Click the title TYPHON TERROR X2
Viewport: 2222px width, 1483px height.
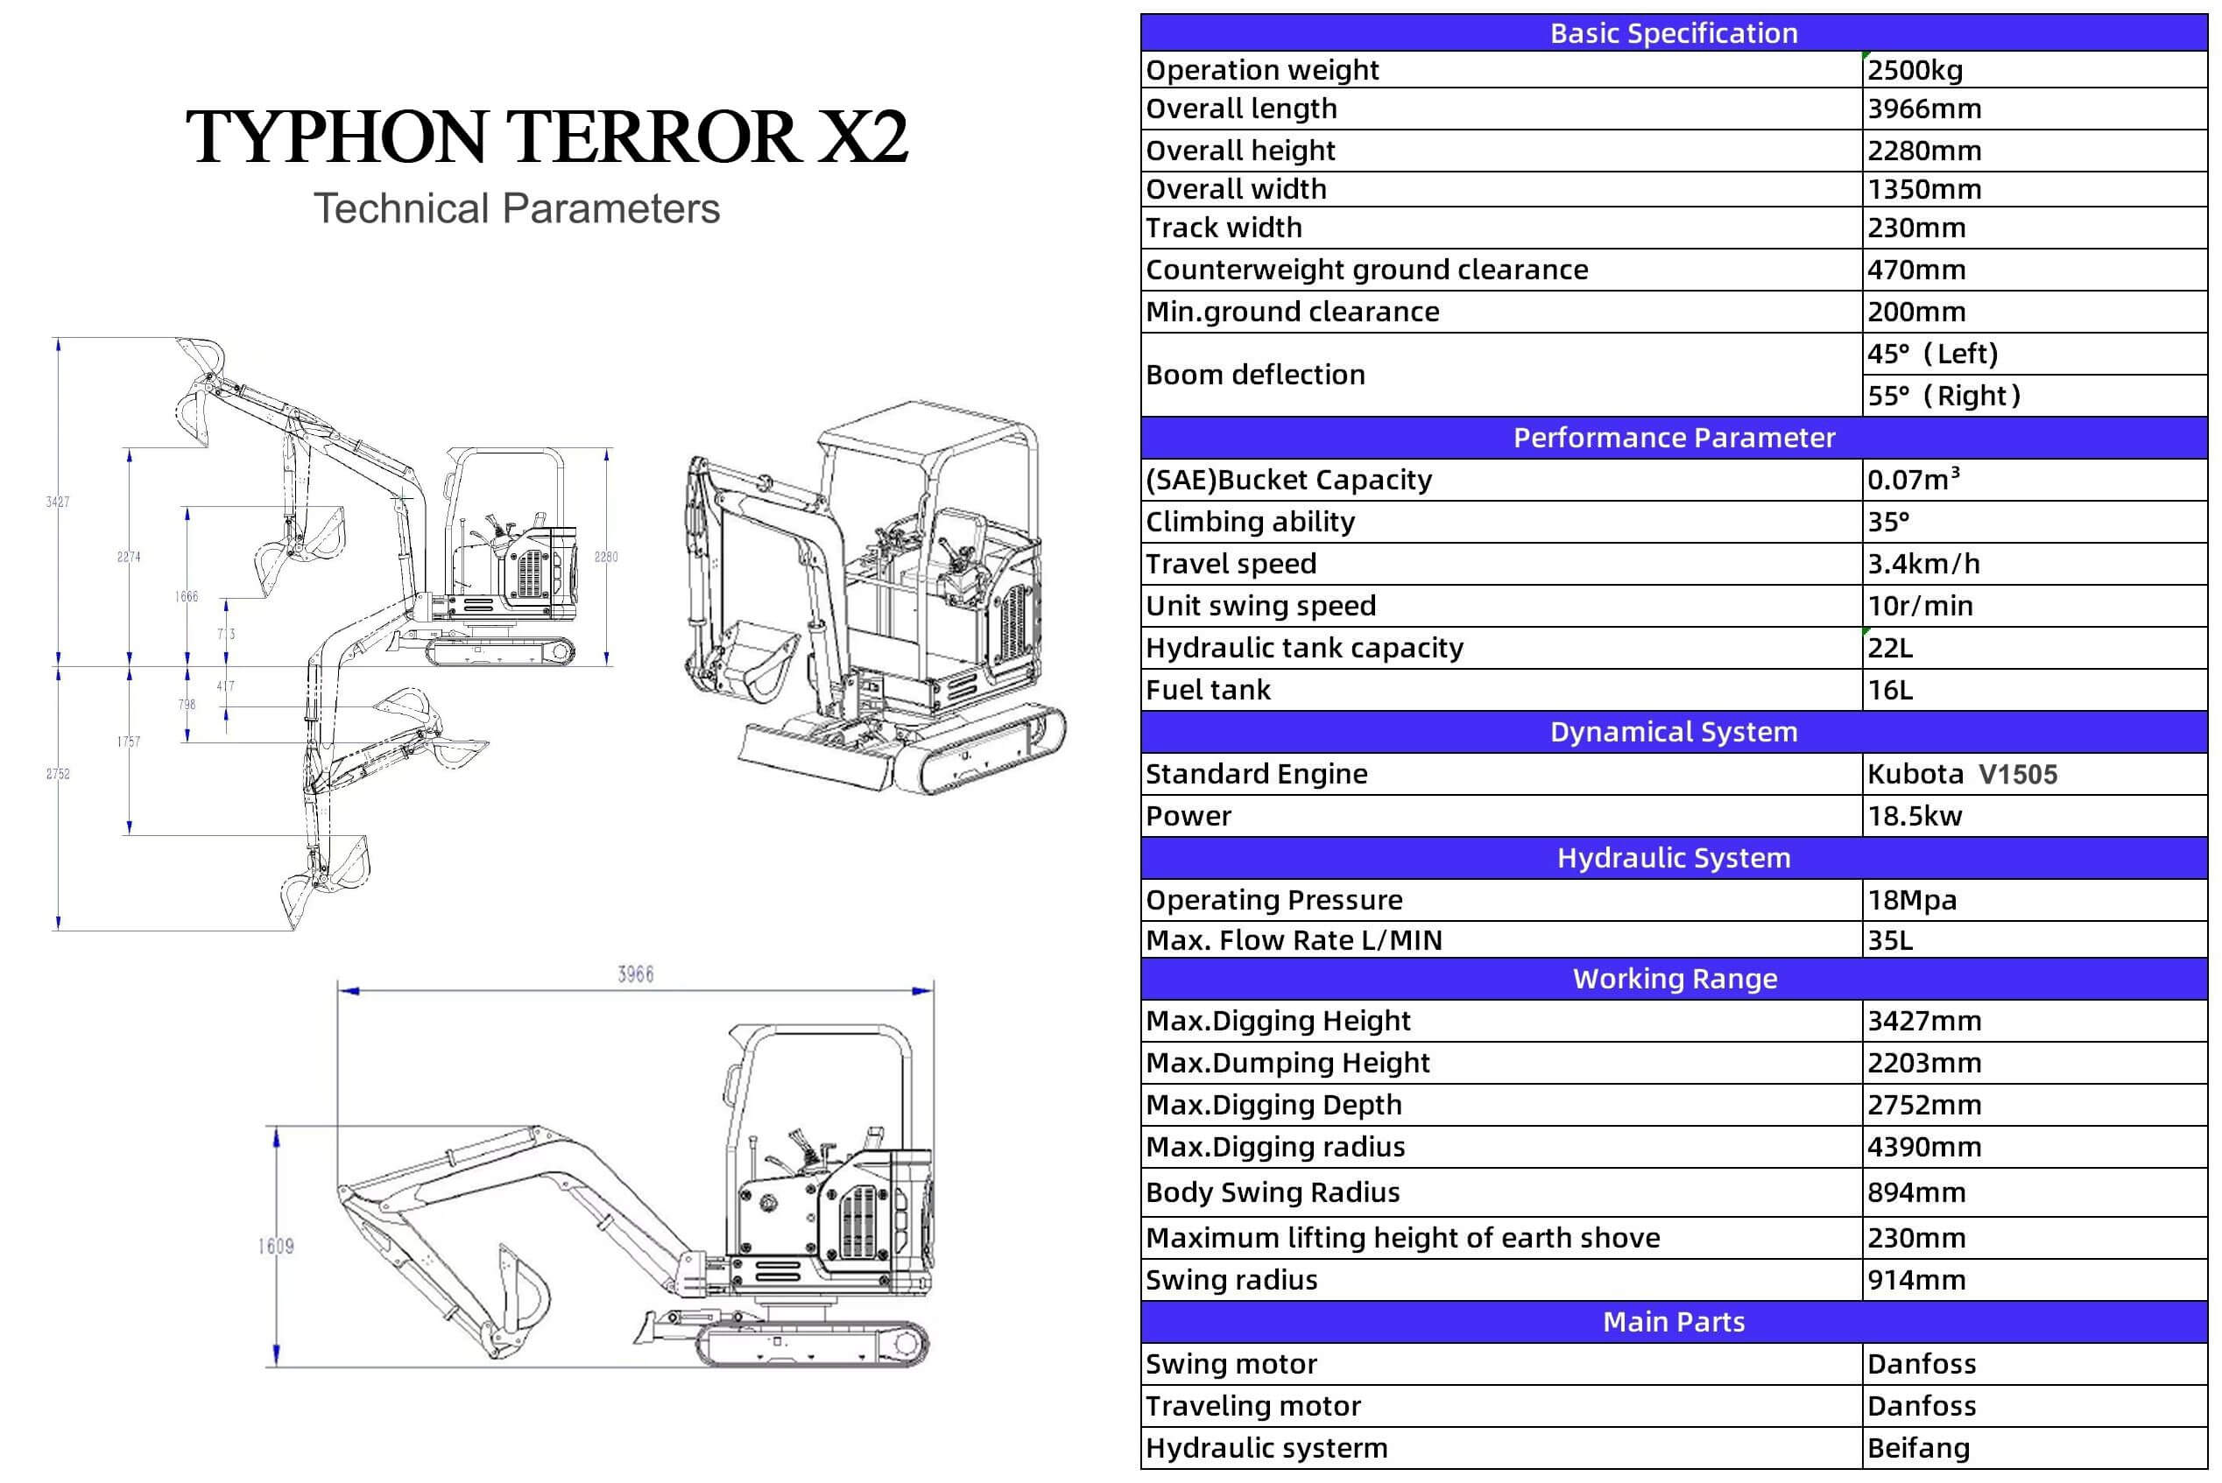(547, 138)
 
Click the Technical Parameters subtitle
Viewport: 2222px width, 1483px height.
(517, 209)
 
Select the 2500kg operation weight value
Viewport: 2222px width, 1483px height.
(1915, 70)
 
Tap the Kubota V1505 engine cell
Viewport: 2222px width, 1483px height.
(1962, 775)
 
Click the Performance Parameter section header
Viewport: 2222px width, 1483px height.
(1674, 438)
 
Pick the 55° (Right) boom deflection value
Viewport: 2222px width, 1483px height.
(1943, 396)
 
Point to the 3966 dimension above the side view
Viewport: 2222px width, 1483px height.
(635, 974)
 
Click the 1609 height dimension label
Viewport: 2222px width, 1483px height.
(275, 1247)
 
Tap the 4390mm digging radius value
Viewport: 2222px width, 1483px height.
(1923, 1147)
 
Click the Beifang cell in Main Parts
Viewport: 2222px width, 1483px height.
(1918, 1448)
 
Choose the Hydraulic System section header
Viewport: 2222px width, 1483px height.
(1674, 858)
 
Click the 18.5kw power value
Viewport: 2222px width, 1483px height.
(1915, 816)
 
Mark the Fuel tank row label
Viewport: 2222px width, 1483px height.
(1208, 691)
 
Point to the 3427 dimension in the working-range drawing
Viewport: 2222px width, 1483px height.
(58, 503)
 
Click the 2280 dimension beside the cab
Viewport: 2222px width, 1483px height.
(605, 557)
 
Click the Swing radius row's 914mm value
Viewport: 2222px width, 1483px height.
(1915, 1281)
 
